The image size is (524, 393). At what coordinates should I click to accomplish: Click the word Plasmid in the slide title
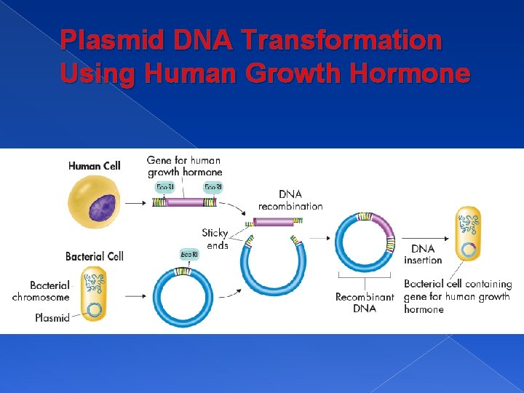pos(110,40)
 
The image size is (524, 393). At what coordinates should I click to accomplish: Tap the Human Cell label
pos(94,166)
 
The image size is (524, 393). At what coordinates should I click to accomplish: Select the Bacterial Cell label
pos(94,256)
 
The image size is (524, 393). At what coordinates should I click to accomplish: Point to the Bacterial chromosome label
pos(41,291)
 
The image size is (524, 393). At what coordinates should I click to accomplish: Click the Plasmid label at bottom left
pos(52,317)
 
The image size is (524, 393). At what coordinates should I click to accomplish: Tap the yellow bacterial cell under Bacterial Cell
pos(94,293)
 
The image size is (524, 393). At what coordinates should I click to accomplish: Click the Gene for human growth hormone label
pos(184,166)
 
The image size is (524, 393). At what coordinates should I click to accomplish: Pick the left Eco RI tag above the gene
pos(165,187)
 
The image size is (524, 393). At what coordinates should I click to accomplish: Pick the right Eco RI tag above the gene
pos(213,187)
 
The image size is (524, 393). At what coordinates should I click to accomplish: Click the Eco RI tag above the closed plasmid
pos(189,254)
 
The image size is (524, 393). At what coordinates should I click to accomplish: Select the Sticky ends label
pos(215,239)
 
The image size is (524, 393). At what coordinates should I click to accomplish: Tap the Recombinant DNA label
pos(365,303)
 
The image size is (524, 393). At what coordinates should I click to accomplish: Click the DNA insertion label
pos(423,254)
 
